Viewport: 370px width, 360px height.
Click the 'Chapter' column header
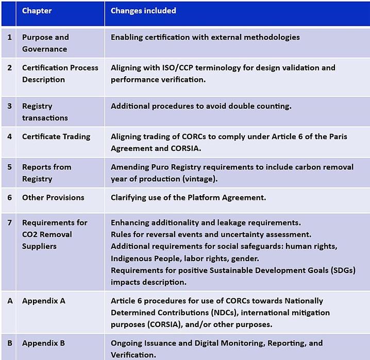tap(37, 11)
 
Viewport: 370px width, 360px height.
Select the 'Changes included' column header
tap(143, 11)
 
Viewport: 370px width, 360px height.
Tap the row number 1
tap(9, 37)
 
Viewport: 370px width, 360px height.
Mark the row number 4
tap(9, 136)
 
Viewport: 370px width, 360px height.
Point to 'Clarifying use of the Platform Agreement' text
tap(188, 198)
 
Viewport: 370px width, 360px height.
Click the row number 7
tap(9, 222)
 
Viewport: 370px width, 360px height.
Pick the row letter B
tap(10, 343)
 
